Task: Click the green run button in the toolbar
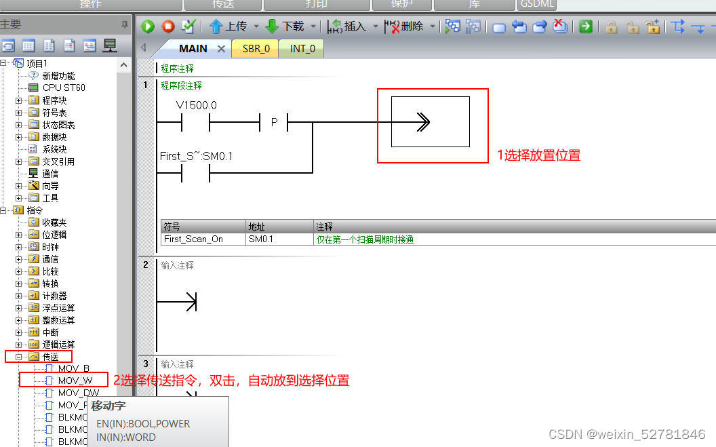click(148, 26)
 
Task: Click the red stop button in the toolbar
click(168, 26)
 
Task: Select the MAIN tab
click(193, 49)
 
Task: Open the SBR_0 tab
click(256, 49)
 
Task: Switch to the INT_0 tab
click(302, 49)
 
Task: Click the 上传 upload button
click(228, 26)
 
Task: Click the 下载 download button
click(285, 26)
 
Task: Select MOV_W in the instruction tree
click(75, 381)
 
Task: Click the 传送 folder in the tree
click(50, 357)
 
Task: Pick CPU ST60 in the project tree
click(64, 88)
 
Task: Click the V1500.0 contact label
click(196, 106)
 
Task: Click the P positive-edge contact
click(275, 123)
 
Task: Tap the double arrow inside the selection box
click(423, 122)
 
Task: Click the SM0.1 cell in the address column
click(261, 239)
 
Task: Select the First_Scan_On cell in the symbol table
click(193, 239)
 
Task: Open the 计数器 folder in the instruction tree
click(54, 296)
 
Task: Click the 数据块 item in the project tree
click(54, 137)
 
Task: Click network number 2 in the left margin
click(145, 265)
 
